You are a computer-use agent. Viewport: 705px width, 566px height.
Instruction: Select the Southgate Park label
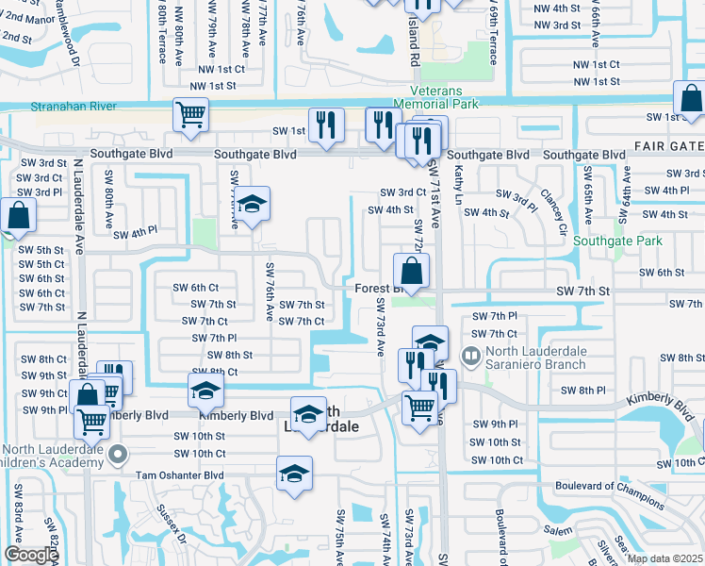tap(617, 241)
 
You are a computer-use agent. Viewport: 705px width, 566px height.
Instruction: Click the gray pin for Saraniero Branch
tap(469, 355)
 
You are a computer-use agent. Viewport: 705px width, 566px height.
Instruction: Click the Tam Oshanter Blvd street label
tap(180, 474)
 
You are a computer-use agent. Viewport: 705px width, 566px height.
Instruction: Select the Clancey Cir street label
tap(552, 212)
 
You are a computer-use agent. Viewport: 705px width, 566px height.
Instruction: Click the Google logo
tap(31, 555)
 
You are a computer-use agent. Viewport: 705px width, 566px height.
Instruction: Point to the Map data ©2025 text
tap(665, 558)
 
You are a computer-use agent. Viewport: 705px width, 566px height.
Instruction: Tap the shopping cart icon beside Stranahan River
tap(190, 114)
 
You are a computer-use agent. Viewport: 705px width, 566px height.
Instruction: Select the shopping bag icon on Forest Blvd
tap(412, 272)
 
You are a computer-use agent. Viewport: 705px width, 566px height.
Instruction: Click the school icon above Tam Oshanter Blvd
tap(294, 473)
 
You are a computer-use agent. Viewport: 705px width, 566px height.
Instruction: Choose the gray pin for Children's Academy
tap(117, 456)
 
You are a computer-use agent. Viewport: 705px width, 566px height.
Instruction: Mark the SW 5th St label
tap(41, 250)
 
